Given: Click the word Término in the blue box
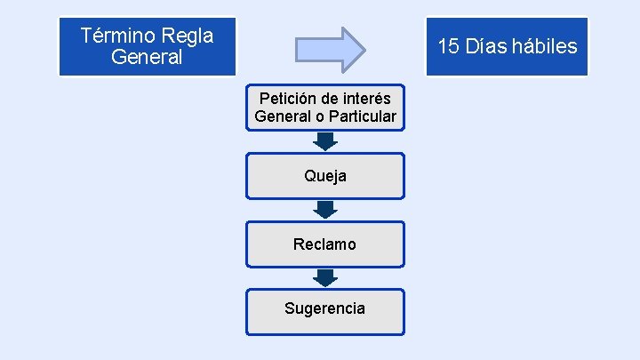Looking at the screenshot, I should [x=116, y=36].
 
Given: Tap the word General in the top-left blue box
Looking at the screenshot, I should [x=148, y=58].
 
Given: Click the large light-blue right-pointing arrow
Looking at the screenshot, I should [x=330, y=49].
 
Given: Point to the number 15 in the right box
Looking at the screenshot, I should [x=449, y=46].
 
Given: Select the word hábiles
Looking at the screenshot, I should [x=546, y=46].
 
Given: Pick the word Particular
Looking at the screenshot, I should [x=362, y=116].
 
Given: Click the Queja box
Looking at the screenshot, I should [x=324, y=176].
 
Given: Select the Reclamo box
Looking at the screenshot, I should [x=324, y=244].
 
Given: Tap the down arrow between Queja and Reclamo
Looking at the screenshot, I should [x=325, y=210].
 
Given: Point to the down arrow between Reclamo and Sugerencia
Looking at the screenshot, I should [x=325, y=277].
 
